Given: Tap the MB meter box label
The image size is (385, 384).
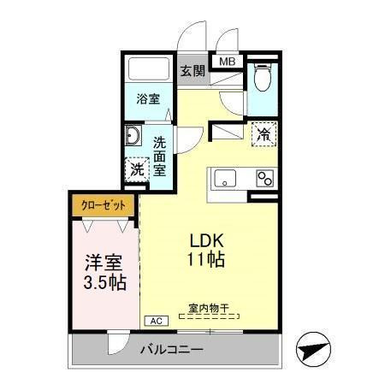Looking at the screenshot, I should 228,62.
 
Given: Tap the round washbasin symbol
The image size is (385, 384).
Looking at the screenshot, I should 133,137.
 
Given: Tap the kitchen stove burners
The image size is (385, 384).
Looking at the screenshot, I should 264,179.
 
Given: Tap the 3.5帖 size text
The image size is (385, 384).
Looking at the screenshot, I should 104,281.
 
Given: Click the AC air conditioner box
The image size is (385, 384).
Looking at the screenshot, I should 156,321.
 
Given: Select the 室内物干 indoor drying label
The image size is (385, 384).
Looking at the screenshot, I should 209,308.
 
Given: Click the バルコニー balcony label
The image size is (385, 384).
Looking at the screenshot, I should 172,349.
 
